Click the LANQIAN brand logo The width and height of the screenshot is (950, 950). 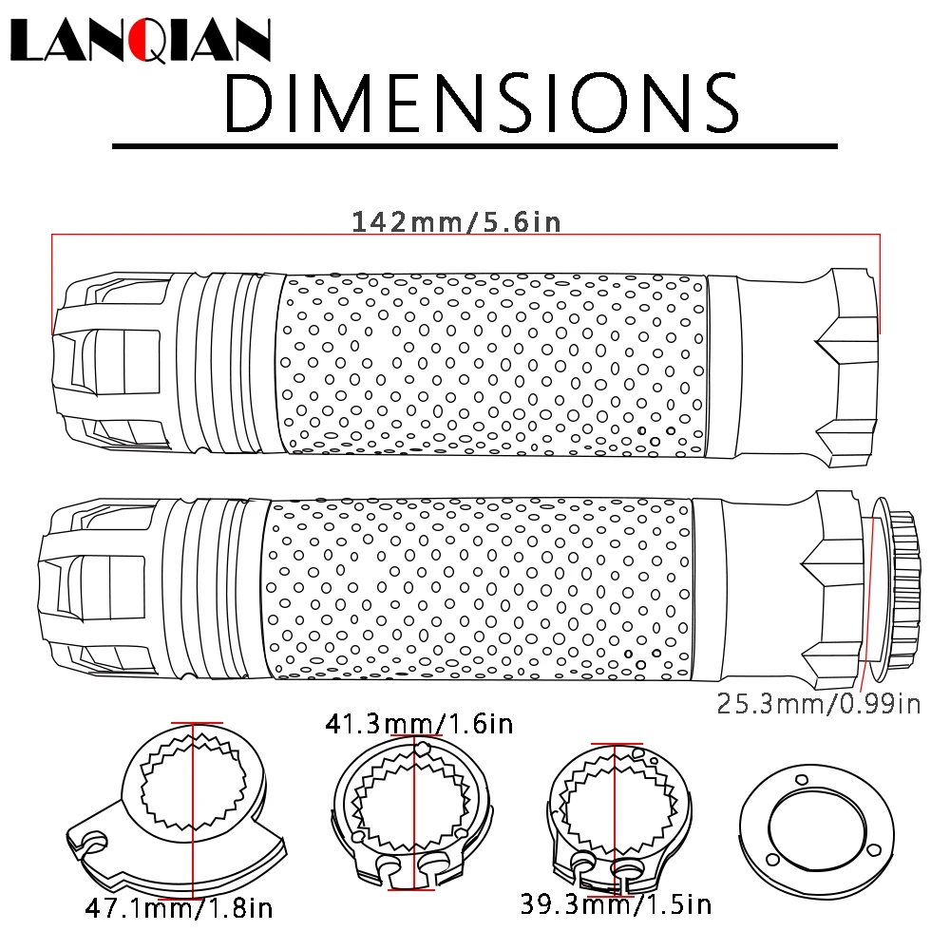[x=140, y=40]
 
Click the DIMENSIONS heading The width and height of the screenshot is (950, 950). [x=482, y=103]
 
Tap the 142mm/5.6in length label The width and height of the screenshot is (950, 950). [x=456, y=221]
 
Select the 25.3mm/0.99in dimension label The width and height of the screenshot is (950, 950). [x=819, y=704]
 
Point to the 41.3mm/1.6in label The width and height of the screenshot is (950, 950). [x=419, y=723]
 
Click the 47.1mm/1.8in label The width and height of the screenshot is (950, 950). [x=179, y=908]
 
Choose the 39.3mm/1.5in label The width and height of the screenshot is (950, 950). [x=616, y=904]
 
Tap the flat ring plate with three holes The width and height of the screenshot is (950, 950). [x=817, y=826]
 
